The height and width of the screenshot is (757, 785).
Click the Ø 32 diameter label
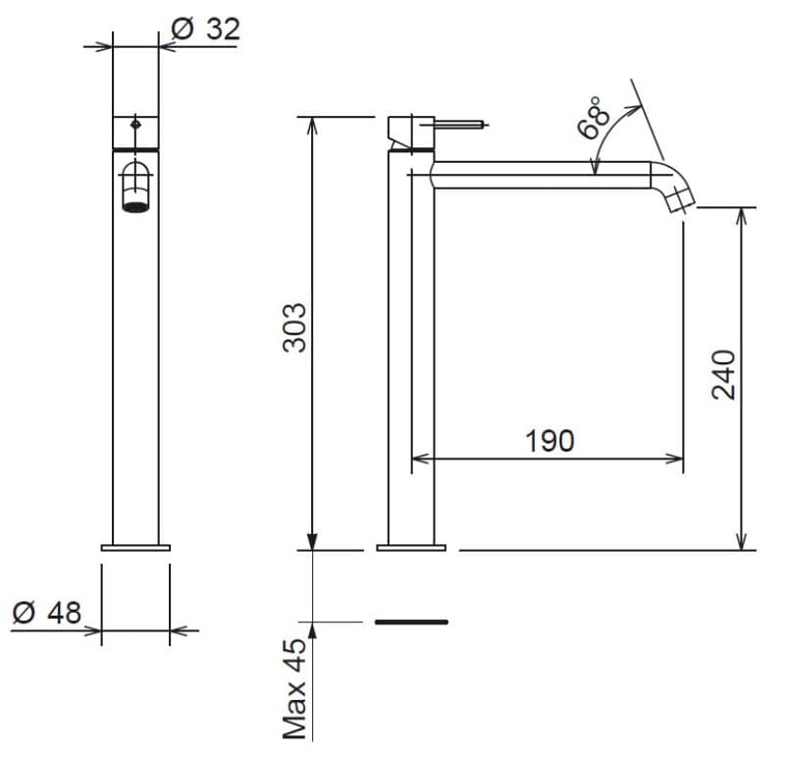pos(206,29)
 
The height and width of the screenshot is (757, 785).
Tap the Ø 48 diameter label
pos(46,613)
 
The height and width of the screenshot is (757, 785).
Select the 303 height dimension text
pos(294,328)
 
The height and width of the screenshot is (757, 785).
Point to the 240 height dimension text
pos(723,375)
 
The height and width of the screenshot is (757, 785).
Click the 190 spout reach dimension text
pos(549,441)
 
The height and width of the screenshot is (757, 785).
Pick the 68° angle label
pos(594,118)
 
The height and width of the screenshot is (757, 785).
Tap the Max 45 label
pos(294,689)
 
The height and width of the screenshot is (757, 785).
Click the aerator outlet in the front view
pos(135,207)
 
